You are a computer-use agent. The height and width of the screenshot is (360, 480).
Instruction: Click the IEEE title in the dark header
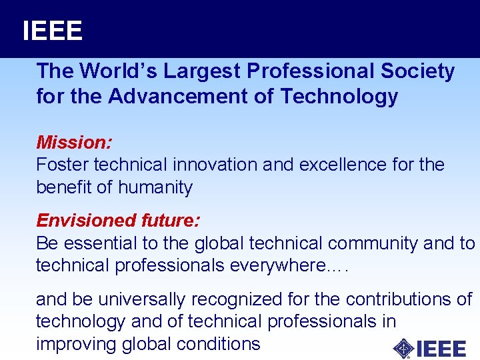coord(52,31)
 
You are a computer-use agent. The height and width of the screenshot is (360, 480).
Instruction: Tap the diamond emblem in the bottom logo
coord(403,348)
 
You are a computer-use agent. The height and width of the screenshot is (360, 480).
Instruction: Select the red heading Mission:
coord(74,142)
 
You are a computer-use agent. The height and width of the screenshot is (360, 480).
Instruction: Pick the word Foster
coord(63,165)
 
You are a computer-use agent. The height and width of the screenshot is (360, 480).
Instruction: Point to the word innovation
coord(215,165)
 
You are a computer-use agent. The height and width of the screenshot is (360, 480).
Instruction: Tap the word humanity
coord(155,187)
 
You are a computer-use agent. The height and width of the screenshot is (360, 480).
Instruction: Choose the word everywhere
coord(276,265)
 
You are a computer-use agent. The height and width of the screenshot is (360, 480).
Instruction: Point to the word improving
coord(77,344)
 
